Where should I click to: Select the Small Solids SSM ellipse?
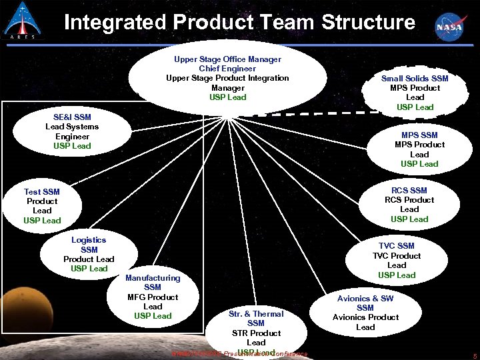click(x=415, y=92)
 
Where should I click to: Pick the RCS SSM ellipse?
click(x=409, y=205)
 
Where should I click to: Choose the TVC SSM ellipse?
click(x=396, y=260)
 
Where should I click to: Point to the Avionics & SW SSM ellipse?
click(x=365, y=313)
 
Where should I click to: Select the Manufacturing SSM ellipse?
click(x=153, y=297)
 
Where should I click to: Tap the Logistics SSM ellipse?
click(x=89, y=254)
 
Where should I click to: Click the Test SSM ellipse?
click(x=42, y=206)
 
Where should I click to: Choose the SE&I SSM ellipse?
click(x=72, y=131)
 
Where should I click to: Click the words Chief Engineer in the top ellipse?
click(x=227, y=69)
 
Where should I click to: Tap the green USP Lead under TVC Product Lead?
click(x=397, y=275)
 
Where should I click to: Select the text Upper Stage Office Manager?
click(x=227, y=59)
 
